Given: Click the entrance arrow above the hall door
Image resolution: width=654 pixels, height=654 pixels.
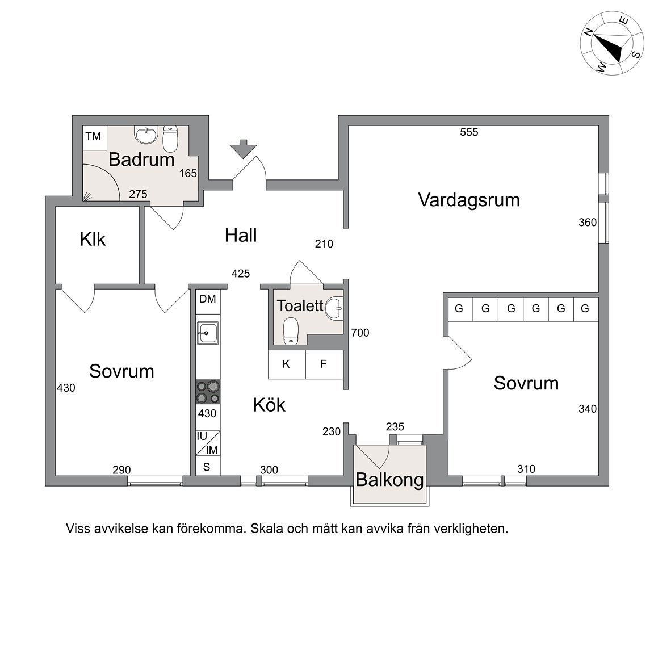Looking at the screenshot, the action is point(243,149).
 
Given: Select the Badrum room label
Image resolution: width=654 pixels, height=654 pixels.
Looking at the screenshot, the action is point(141,160).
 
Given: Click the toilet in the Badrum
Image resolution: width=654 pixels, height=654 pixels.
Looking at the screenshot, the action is point(170,139).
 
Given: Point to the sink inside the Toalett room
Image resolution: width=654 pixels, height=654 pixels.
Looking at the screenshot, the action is point(334,308).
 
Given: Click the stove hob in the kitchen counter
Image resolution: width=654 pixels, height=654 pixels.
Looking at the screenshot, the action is point(208,392).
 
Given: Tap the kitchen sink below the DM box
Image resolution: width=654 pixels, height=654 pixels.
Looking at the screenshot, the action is point(208,333).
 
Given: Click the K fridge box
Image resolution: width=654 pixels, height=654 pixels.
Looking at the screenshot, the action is point(287,364).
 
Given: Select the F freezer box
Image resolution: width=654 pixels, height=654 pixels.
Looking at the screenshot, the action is point(324,364).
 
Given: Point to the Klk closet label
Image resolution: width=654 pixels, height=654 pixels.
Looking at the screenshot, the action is point(93,240).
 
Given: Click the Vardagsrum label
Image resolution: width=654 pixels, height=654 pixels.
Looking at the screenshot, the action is point(469,200).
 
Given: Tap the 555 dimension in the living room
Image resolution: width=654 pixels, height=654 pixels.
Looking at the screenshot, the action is point(469,132).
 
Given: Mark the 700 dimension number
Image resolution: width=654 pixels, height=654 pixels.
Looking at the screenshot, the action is point(360,333).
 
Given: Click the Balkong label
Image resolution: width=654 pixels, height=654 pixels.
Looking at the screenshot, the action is point(389,480).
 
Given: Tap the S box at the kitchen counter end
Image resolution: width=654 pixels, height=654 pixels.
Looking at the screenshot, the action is point(207,467).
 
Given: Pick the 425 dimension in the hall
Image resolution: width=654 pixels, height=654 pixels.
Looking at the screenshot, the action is point(241,274).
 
